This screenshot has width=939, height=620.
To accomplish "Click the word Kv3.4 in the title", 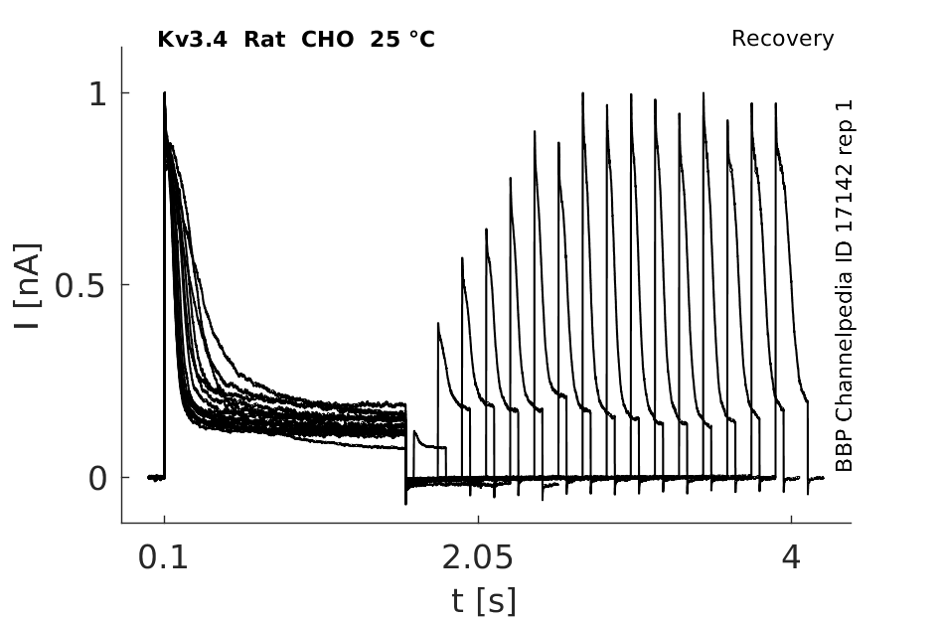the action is [192, 40].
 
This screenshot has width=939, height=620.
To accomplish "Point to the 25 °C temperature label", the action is [402, 40].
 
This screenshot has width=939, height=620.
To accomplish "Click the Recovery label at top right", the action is [783, 39].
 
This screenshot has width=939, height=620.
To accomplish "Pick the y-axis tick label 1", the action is [97, 94].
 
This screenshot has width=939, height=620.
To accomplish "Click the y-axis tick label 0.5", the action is [80, 286].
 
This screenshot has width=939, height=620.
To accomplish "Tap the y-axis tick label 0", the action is [97, 479].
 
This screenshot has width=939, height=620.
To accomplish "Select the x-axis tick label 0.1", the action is [163, 557].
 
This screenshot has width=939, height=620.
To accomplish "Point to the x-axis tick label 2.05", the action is [477, 557].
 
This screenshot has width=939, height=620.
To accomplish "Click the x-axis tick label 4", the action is [791, 557].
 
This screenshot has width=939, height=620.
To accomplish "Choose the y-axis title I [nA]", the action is [28, 286].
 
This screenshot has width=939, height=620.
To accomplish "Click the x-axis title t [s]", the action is [483, 601].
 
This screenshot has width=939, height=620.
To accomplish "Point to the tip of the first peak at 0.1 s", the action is [165, 92].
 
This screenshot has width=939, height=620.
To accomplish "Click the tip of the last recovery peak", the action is [776, 103].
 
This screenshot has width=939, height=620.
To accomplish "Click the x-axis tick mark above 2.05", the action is [478, 519].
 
